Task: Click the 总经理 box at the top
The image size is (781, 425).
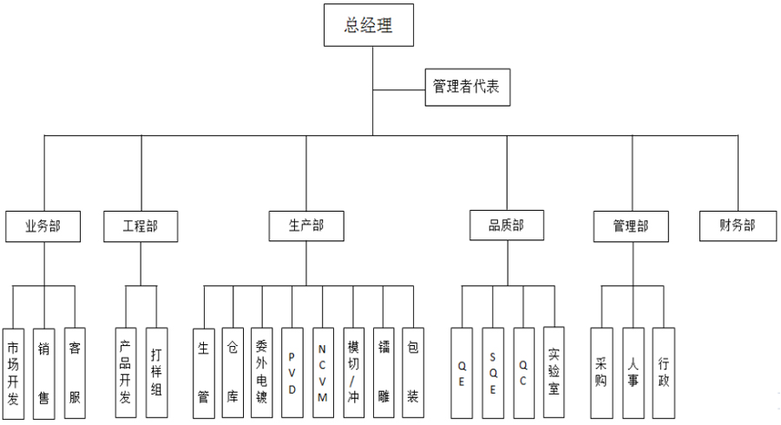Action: [x=369, y=26]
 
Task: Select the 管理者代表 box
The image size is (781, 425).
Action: [x=467, y=88]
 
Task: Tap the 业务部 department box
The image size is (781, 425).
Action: [x=43, y=226]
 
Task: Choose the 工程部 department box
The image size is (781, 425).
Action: [x=142, y=226]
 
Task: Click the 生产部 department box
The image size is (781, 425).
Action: [x=306, y=226]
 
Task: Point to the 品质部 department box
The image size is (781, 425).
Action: [x=507, y=226]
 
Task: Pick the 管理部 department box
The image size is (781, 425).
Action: [x=631, y=226]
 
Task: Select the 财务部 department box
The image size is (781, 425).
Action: [x=737, y=226]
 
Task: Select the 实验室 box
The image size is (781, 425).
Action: [x=554, y=371]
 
